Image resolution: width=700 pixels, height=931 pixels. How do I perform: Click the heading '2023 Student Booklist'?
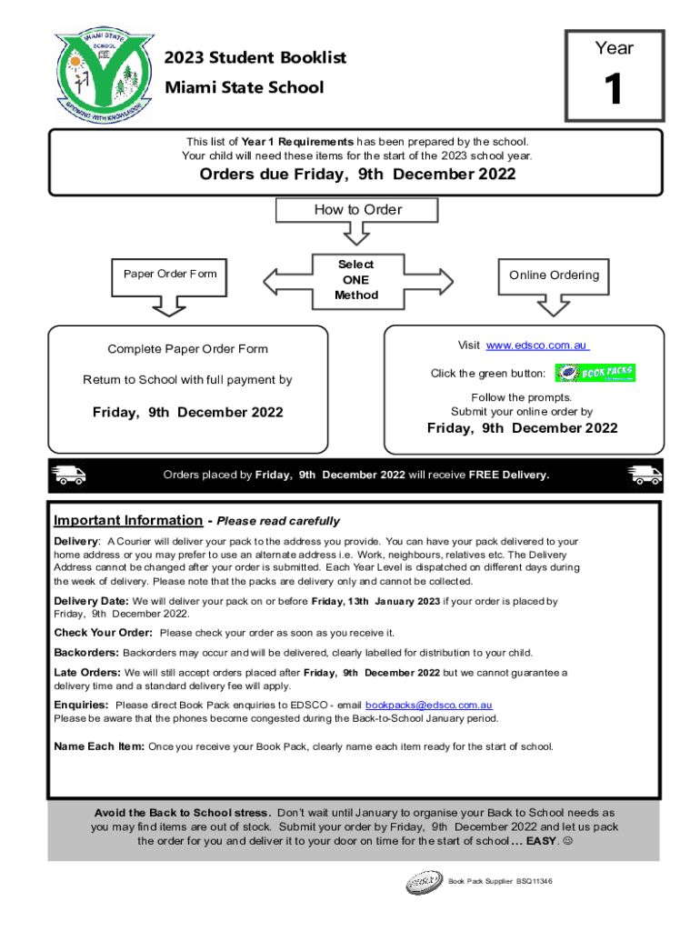click(255, 58)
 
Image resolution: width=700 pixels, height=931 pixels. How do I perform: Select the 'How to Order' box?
click(357, 210)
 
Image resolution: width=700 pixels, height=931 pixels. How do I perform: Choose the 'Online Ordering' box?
click(554, 275)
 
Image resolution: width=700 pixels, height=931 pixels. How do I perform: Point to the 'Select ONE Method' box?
click(355, 279)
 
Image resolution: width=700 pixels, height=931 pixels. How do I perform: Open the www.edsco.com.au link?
click(537, 345)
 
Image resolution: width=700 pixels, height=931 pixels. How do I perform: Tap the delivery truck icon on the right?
click(645, 475)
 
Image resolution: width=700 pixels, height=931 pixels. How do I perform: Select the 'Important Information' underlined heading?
click(128, 521)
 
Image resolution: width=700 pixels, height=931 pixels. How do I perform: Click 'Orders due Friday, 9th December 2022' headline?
click(357, 175)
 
